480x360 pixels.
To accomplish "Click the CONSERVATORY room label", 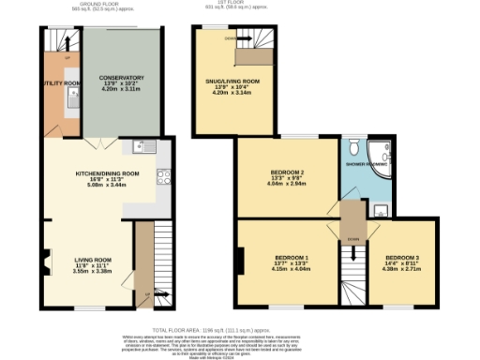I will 123,78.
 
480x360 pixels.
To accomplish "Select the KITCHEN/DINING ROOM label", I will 107,173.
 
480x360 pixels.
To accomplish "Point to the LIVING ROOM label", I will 94,260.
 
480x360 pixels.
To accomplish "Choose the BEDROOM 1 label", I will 291,257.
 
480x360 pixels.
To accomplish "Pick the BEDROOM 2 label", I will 288,172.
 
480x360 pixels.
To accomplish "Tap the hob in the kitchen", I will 163,175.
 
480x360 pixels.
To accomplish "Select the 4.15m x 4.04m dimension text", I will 291,270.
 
